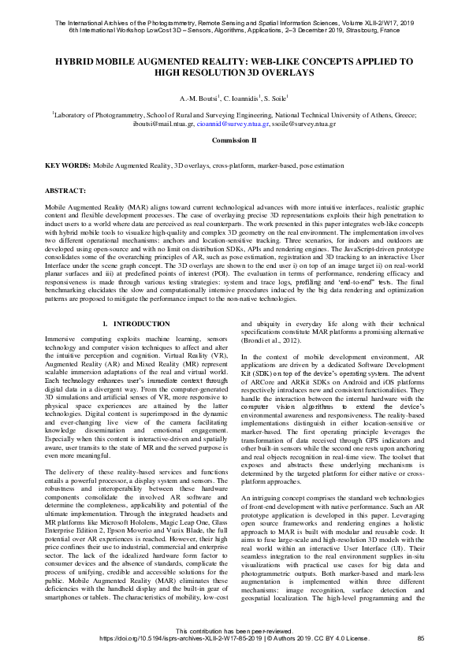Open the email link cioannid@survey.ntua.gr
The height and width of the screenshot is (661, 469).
[233, 124]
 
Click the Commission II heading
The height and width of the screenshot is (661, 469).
[234, 139]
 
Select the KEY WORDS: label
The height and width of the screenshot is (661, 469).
[68, 166]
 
